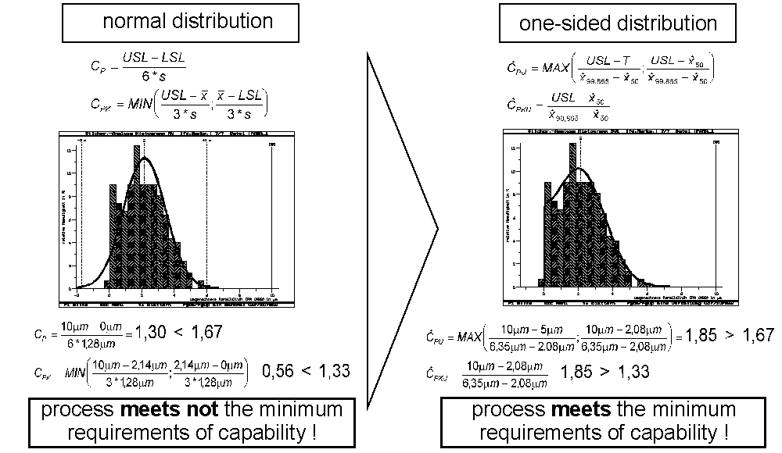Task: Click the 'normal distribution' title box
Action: point(188,21)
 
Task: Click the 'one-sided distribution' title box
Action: point(618,23)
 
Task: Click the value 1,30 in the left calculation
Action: point(153,333)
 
